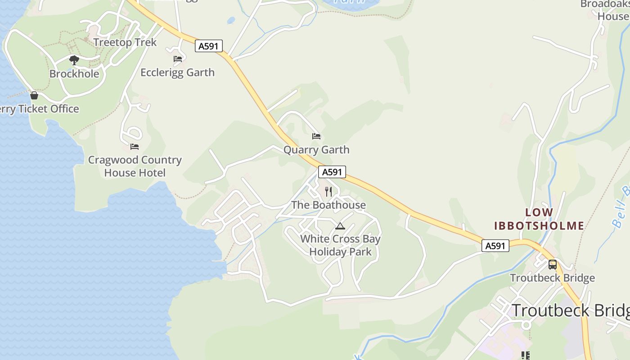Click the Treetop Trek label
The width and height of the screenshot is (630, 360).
pyautogui.click(x=125, y=42)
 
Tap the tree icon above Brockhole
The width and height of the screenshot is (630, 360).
pyautogui.click(x=74, y=60)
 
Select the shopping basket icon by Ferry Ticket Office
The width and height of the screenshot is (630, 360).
pyautogui.click(x=34, y=95)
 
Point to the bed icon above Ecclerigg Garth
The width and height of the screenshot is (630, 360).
pyautogui.click(x=178, y=59)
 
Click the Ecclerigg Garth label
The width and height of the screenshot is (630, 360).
pyautogui.click(x=177, y=72)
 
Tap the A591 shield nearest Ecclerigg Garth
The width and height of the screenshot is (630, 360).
pyautogui.click(x=209, y=46)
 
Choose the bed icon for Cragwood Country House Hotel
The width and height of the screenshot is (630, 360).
pyautogui.click(x=135, y=147)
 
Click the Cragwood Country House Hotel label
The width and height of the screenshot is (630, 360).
pyautogui.click(x=135, y=166)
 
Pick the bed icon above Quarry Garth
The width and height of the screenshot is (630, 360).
pyautogui.click(x=316, y=136)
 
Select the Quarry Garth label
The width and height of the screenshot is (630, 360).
pyautogui.click(x=316, y=150)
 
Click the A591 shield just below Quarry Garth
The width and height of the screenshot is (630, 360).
pyautogui.click(x=332, y=172)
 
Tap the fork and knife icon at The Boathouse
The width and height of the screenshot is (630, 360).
pyautogui.click(x=328, y=192)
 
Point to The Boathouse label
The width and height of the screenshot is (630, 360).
pyautogui.click(x=328, y=205)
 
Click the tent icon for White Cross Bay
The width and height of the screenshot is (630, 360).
pyautogui.click(x=340, y=226)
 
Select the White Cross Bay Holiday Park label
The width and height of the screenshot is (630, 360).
pyautogui.click(x=340, y=245)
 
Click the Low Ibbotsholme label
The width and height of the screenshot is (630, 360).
pyautogui.click(x=539, y=219)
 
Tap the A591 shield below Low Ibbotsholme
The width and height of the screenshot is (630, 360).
pyautogui.click(x=495, y=246)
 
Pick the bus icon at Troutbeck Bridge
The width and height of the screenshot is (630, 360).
pyautogui.click(x=553, y=265)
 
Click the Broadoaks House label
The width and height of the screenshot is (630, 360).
pyautogui.click(x=604, y=10)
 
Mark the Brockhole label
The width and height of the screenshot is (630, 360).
pyautogui.click(x=74, y=74)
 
